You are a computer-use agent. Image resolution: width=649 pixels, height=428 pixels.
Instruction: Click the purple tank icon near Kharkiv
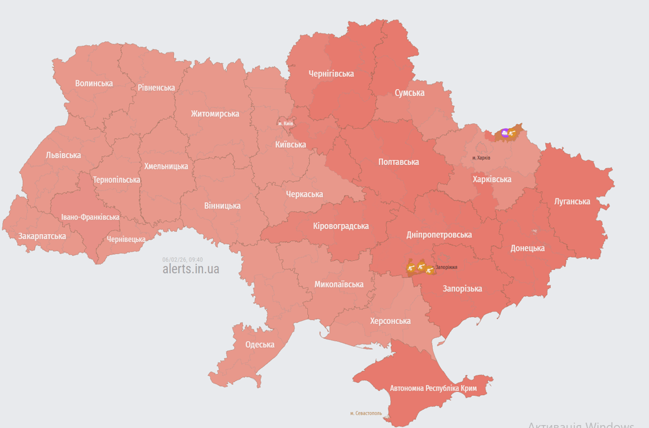[505, 133]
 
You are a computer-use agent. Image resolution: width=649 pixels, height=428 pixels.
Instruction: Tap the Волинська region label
[94, 84]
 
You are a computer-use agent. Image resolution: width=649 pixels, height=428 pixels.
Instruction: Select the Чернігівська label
[331, 74]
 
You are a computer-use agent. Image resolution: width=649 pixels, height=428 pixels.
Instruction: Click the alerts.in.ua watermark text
[191, 269]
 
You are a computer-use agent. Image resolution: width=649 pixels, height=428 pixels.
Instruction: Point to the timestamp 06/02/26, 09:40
[182, 260]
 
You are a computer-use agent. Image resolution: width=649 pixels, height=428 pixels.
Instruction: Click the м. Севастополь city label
[366, 414]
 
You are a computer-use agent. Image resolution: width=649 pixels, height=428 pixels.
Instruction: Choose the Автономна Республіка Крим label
[433, 388]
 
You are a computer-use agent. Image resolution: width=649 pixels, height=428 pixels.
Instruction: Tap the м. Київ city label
[285, 124]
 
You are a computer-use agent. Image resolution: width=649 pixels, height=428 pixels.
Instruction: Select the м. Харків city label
[481, 158]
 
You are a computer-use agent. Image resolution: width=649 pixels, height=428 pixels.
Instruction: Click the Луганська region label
[572, 201]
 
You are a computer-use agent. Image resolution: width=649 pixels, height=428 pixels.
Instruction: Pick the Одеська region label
[260, 344]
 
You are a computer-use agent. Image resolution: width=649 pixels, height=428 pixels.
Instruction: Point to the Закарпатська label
[42, 236]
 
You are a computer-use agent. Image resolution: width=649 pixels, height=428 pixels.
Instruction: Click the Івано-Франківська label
[90, 217]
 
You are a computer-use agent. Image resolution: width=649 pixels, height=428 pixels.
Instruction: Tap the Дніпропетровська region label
[439, 235]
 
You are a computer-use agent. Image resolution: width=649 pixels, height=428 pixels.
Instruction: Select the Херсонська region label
[390, 321]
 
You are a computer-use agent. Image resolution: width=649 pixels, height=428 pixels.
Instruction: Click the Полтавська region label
[399, 162]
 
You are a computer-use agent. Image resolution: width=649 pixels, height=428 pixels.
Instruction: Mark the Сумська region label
[409, 93]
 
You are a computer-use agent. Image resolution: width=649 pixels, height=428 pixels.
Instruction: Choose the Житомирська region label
[215, 114]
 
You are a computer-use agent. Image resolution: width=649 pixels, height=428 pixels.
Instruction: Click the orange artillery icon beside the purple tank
[512, 133]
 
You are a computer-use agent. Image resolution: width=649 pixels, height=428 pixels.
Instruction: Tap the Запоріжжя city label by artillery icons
[446, 267]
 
